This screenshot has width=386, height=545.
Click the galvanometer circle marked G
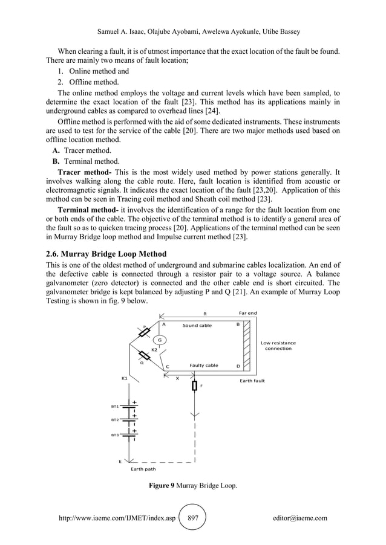point(160,340)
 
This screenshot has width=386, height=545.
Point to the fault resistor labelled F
point(195,385)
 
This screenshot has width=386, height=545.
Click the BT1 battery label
point(114,407)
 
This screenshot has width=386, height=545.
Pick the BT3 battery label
point(114,434)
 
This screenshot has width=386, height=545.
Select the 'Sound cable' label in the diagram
point(197,325)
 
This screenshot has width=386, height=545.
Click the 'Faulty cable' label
point(204,366)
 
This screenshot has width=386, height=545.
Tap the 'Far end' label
point(248,313)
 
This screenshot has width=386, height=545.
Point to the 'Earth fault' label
point(252,381)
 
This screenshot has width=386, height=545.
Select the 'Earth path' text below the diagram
point(143,468)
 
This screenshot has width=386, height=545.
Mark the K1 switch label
point(124,378)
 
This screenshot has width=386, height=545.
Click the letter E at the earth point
point(120,461)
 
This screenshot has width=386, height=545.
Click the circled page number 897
point(194,518)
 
